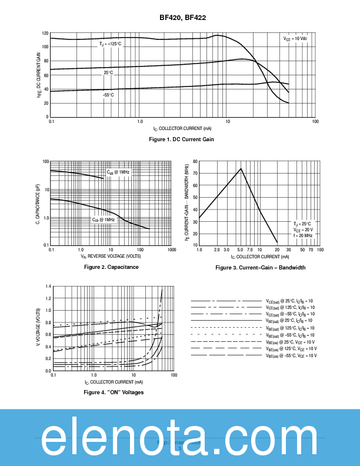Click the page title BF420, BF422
182,18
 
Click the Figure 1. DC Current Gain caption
182,139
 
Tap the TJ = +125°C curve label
110,44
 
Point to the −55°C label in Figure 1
108,95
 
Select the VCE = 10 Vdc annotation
295,38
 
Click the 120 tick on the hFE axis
45,32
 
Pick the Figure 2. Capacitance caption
112,267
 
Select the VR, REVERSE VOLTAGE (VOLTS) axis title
111,257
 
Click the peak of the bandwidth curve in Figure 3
241,169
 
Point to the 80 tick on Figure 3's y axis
195,161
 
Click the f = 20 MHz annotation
303,235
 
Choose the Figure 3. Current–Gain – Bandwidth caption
261,268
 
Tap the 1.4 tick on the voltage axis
48,286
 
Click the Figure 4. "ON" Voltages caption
114,392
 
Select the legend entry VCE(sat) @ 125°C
290,307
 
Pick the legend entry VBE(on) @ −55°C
291,355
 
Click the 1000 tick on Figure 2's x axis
172,250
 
